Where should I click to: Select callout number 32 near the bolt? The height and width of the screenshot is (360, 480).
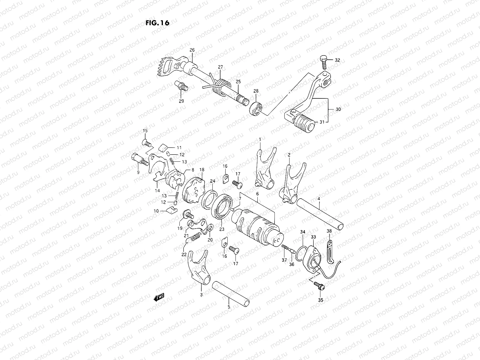337,60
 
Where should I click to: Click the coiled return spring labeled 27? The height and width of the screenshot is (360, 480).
222,84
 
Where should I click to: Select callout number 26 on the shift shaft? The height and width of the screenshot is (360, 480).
192,50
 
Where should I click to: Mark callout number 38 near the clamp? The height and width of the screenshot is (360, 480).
329,231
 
